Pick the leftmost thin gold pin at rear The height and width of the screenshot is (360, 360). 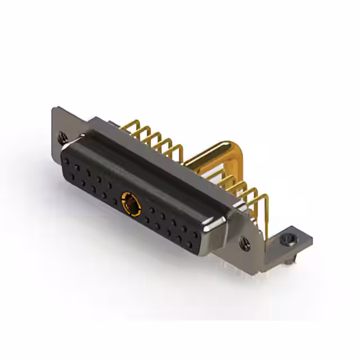click(135, 129)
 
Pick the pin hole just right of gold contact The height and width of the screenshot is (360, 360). click(145, 213)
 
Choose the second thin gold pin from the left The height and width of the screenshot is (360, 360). click(145, 134)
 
